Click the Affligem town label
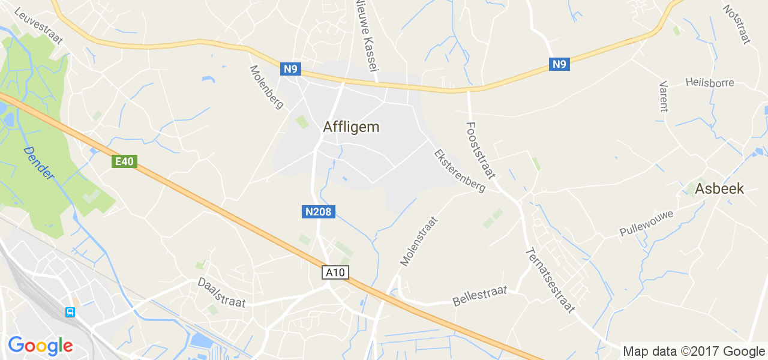(x=351, y=127)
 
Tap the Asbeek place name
(x=719, y=189)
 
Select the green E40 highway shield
(x=125, y=161)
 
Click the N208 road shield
(x=318, y=212)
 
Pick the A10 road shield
(x=335, y=272)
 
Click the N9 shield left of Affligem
(x=290, y=69)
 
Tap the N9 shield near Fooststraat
(x=559, y=64)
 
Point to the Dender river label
(x=40, y=163)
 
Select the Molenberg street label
(x=266, y=87)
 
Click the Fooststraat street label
(x=480, y=150)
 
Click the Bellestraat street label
(x=480, y=296)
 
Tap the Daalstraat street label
(x=222, y=292)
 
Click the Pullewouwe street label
(x=647, y=223)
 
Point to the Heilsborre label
(x=710, y=83)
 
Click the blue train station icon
(x=70, y=312)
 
